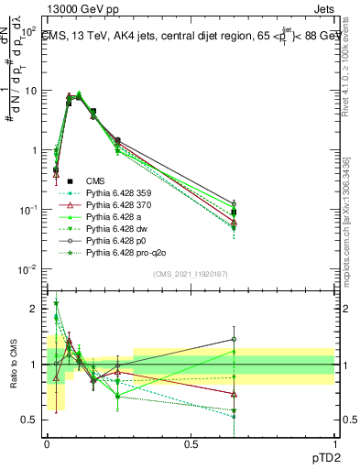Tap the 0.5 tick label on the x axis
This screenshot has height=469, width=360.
click(191, 444)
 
